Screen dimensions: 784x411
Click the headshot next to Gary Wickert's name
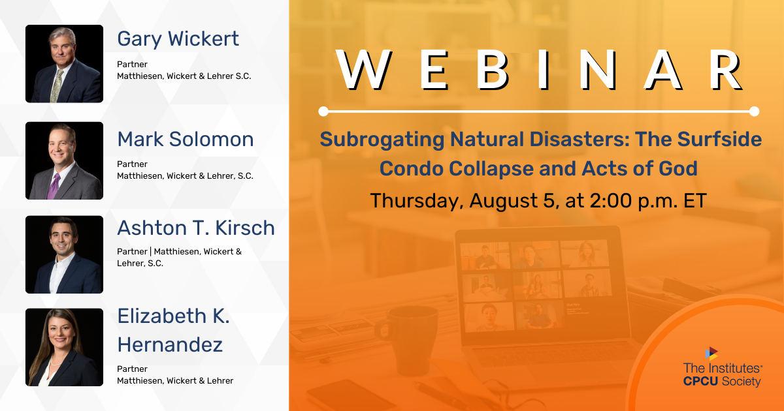tap(65, 64)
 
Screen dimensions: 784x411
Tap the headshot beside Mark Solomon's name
tap(65, 160)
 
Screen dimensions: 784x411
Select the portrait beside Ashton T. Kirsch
tap(65, 254)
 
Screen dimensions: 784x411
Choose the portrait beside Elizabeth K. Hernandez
tap(65, 347)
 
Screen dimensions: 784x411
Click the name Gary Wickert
tap(178, 39)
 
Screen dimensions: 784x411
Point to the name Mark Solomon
tap(186, 139)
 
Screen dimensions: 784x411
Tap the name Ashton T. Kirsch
tap(196, 228)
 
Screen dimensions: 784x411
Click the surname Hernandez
tap(170, 344)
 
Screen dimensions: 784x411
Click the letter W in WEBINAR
tap(364, 70)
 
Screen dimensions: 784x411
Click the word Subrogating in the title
tap(382, 140)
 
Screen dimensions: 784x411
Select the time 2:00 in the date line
tap(611, 201)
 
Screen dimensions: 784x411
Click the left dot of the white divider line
tap(323, 112)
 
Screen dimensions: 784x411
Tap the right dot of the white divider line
tap(754, 112)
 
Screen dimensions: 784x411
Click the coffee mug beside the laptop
tap(408, 340)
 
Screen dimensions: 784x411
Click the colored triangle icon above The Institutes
tap(711, 354)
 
